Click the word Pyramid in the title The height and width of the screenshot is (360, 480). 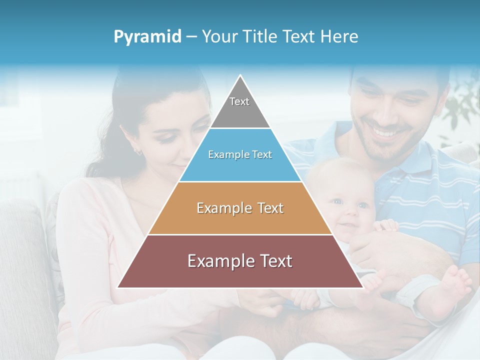[147, 37]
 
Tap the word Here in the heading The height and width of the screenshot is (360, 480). [339, 37]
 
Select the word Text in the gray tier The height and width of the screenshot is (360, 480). [239, 101]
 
